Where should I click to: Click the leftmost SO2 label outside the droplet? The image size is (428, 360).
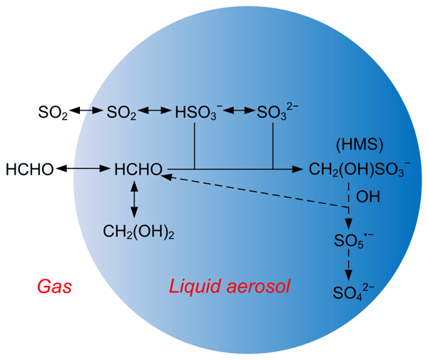tap(53, 112)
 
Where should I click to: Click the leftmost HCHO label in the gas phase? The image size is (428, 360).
tap(29, 170)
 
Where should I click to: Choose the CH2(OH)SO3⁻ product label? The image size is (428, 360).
tap(360, 171)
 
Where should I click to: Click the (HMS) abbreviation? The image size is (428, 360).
tap(360, 145)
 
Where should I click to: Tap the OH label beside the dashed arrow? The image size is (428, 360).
tap(368, 196)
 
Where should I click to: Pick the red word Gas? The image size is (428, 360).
tap(56, 287)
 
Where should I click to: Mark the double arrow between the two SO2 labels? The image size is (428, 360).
tap(88, 111)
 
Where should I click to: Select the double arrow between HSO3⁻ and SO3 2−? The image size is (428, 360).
tap(240, 111)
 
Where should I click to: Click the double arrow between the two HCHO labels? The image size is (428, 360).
tap(83, 169)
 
